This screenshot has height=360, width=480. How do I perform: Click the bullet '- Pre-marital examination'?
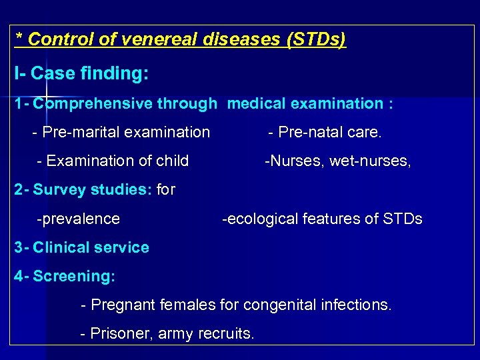tap(121, 133)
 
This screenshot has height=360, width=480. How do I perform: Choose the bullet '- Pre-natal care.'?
tap(325, 133)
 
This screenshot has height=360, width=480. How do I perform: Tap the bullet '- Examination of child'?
tap(113, 161)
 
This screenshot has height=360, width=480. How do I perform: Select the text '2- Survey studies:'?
tap(83, 190)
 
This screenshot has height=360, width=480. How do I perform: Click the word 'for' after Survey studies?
tap(166, 190)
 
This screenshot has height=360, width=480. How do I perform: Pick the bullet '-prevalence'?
tap(79, 219)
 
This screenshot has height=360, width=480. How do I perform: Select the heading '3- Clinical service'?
tap(81, 247)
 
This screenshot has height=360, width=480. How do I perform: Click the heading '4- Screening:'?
tap(65, 276)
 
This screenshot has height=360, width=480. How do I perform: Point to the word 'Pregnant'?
tap(120, 305)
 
